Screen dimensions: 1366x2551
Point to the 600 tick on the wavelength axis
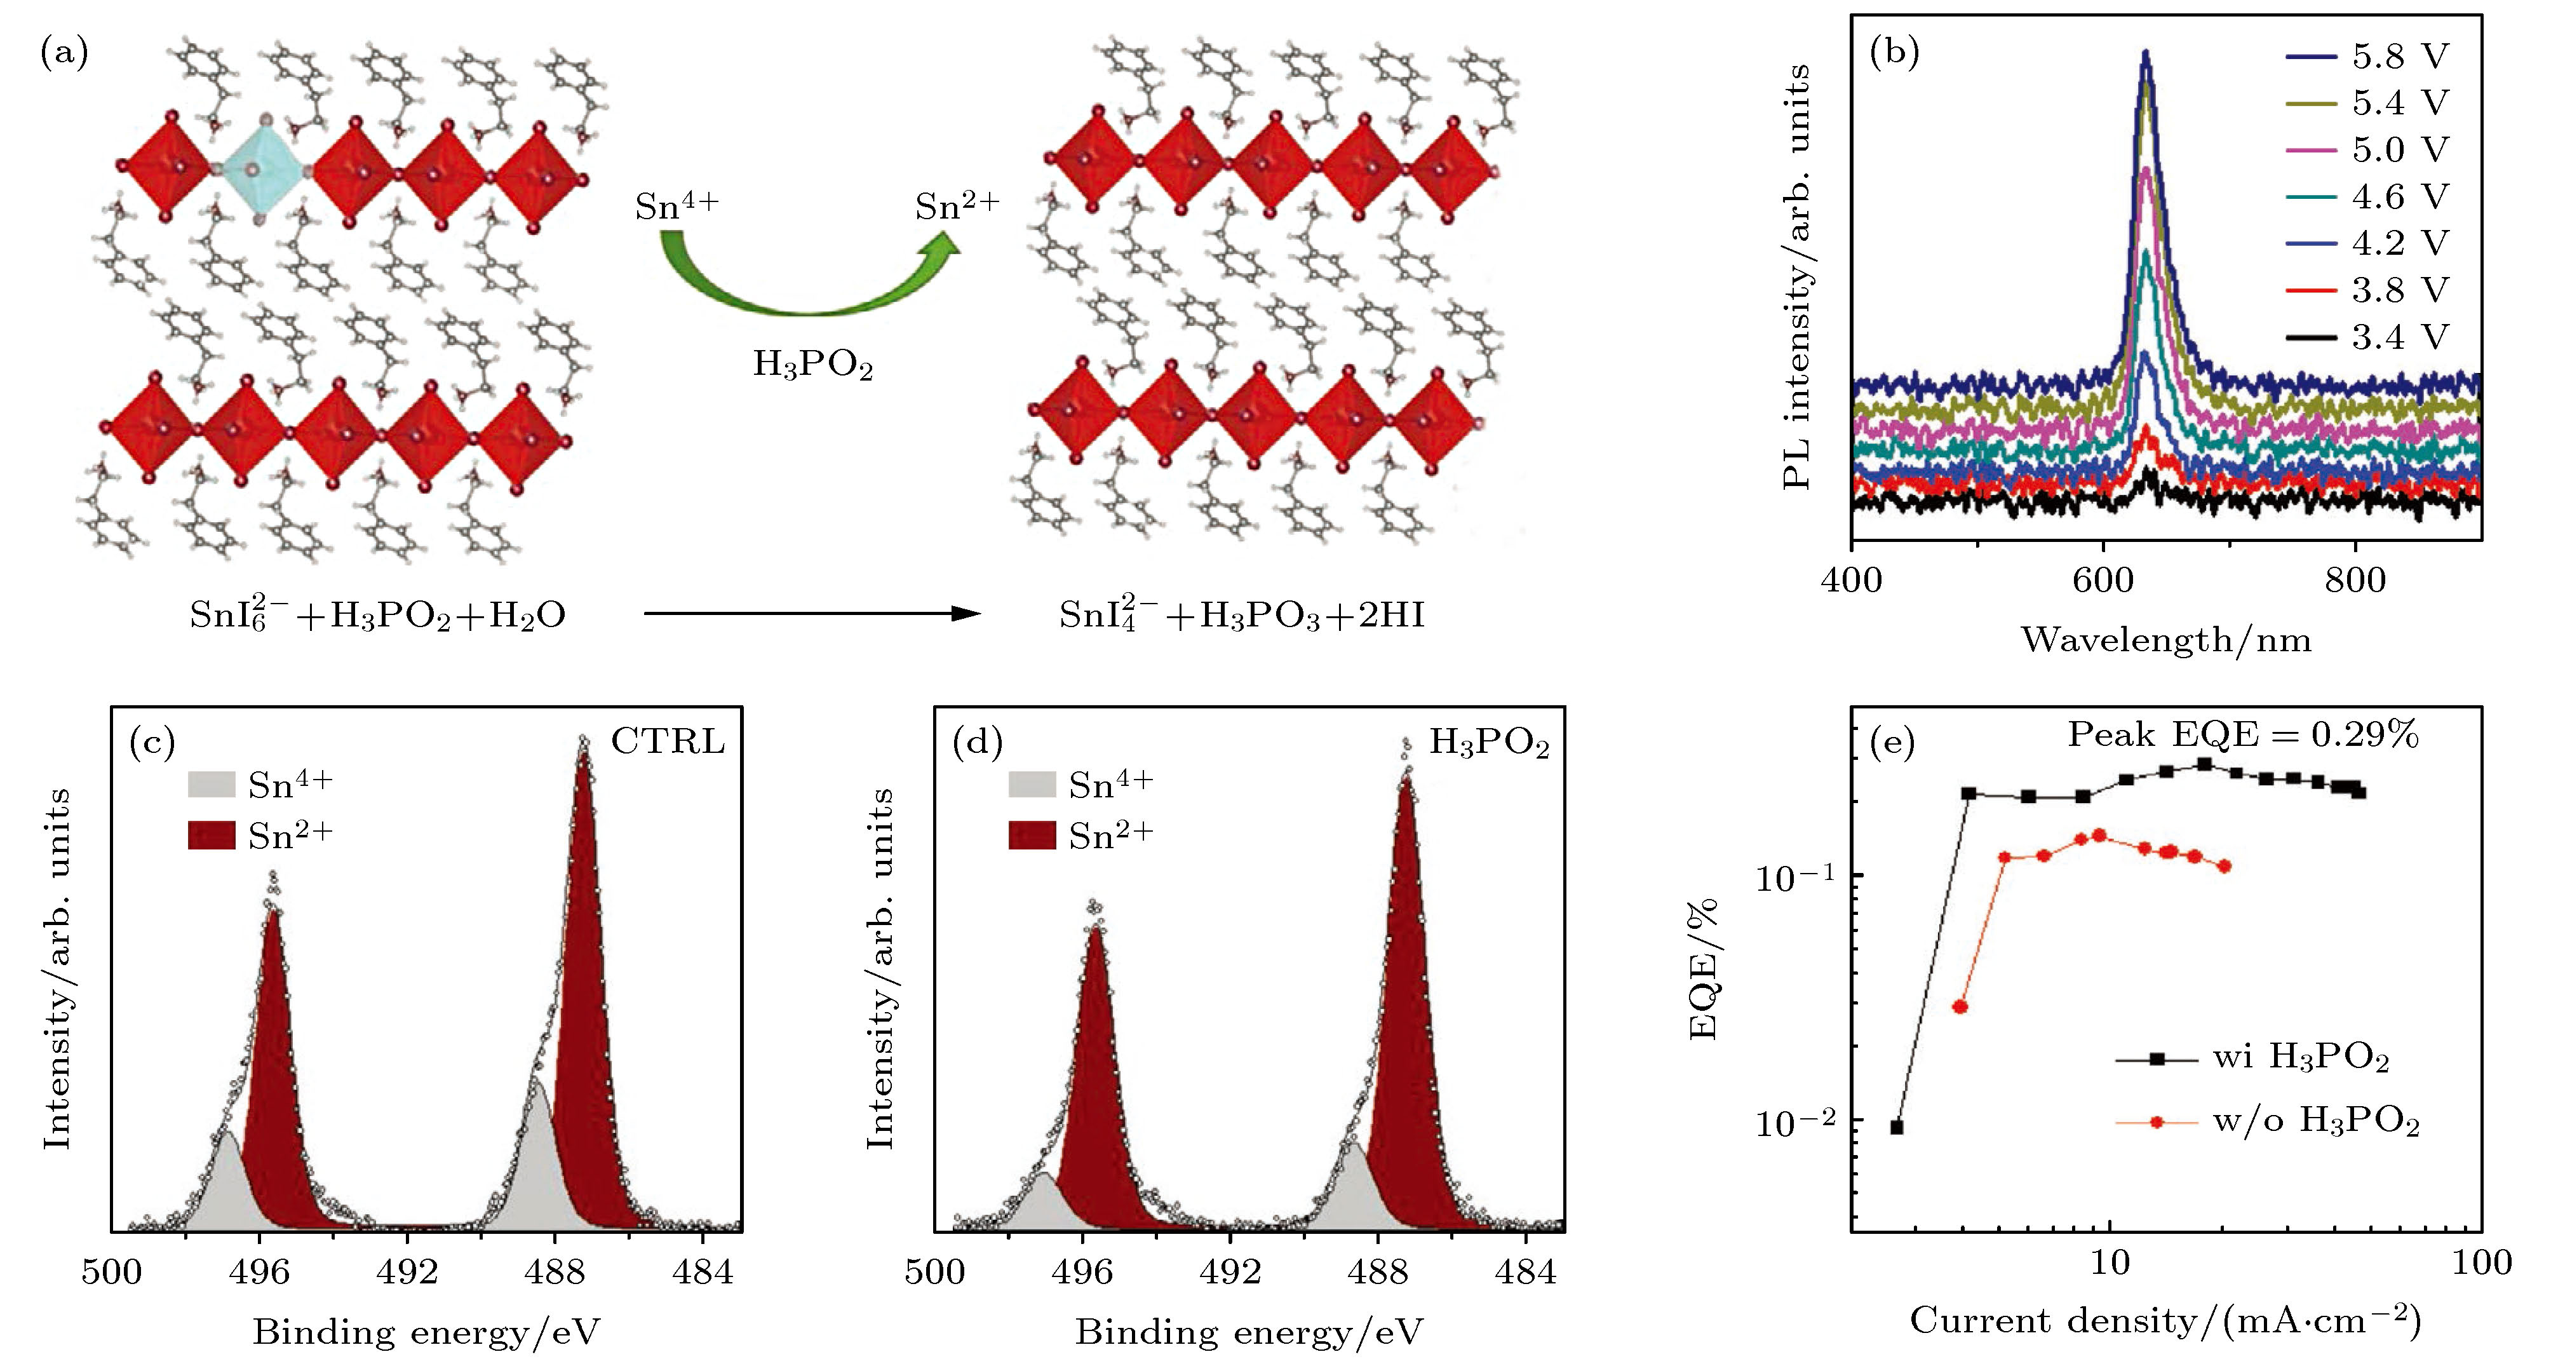click(x=2103, y=579)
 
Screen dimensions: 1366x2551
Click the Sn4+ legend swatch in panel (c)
click(x=211, y=785)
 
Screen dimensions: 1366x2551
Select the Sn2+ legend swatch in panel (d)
click(x=1032, y=836)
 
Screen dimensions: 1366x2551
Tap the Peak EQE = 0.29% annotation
click(x=2243, y=735)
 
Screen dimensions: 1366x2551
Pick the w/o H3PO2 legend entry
click(x=2268, y=1122)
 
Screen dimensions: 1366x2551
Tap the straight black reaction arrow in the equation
click(x=811, y=614)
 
